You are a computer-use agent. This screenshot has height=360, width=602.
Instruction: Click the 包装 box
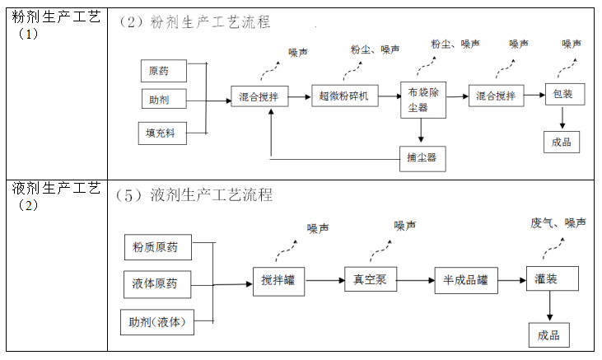564,96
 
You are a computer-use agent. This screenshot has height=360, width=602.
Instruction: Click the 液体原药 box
155,284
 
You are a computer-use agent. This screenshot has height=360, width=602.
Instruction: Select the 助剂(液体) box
156,322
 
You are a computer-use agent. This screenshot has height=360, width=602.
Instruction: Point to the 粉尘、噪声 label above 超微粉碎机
375,50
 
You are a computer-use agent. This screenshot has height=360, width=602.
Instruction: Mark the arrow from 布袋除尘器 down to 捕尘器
421,131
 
